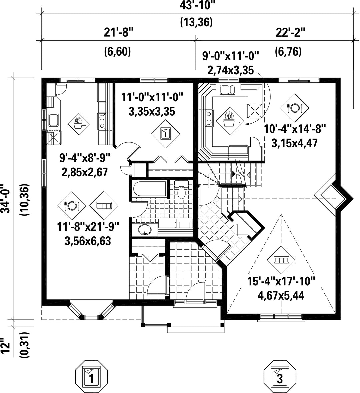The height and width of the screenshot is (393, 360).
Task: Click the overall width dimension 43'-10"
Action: (198, 5)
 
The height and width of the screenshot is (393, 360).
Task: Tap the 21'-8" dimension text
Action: (119, 33)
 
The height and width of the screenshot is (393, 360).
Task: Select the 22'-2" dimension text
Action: (291, 33)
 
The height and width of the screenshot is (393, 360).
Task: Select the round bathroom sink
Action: (144, 229)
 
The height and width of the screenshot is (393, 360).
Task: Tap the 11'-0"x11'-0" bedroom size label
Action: (152, 97)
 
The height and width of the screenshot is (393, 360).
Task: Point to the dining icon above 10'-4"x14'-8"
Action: (294, 108)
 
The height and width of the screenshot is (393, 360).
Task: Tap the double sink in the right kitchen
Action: (227, 90)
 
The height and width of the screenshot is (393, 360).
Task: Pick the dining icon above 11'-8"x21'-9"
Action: (72, 206)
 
